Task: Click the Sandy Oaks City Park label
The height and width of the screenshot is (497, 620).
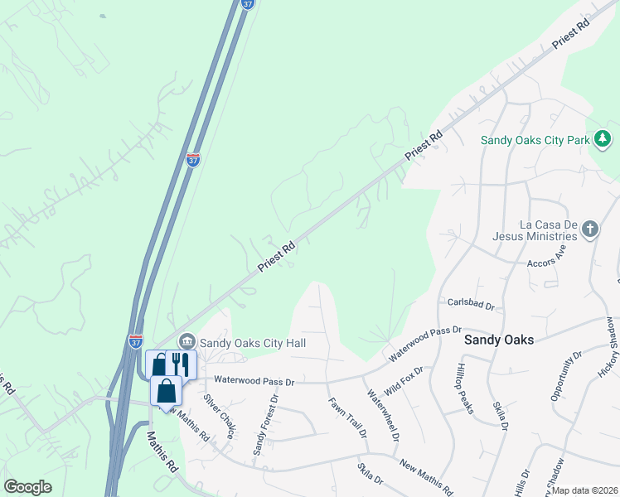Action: tap(535, 140)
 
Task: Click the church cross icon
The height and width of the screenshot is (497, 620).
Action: tap(589, 229)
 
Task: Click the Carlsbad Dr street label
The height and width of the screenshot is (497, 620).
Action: tap(471, 304)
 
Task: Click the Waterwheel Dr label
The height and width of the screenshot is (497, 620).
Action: tap(384, 414)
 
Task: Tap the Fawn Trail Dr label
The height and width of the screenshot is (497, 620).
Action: tap(348, 417)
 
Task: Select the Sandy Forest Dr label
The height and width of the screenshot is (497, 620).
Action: tap(265, 424)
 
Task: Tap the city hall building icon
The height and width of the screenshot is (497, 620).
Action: tap(186, 341)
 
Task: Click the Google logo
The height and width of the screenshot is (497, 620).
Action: tap(28, 487)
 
